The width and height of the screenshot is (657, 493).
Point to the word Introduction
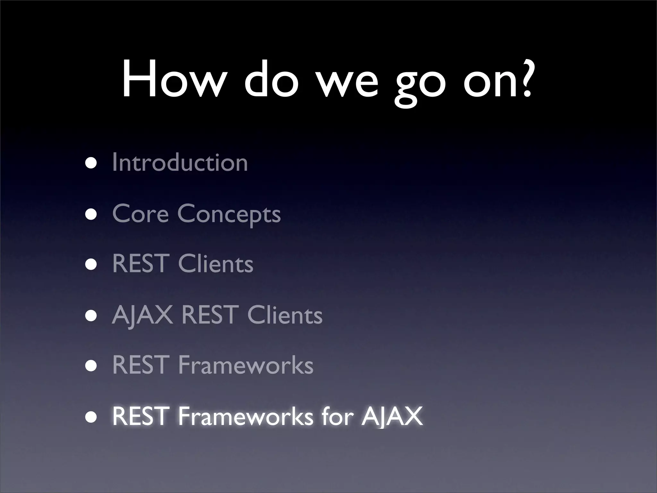click(x=180, y=163)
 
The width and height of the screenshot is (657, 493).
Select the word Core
click(x=140, y=214)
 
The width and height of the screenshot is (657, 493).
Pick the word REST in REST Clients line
click(x=141, y=264)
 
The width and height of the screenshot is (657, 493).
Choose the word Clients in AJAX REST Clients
click(x=285, y=315)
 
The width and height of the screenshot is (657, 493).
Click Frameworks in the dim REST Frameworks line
click(x=245, y=365)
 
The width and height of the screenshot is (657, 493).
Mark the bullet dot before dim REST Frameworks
click(x=91, y=366)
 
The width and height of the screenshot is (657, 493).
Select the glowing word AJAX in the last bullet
click(x=392, y=417)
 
